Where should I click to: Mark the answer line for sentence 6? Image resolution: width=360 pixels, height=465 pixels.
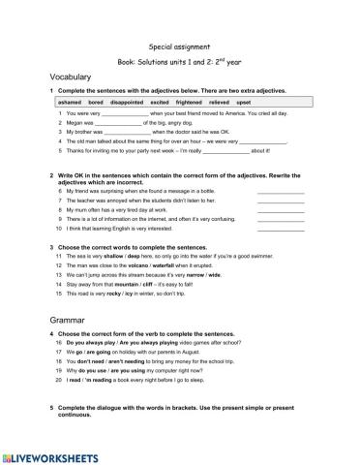point(281,193)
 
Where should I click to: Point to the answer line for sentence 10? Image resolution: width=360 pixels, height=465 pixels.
point(281,229)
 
